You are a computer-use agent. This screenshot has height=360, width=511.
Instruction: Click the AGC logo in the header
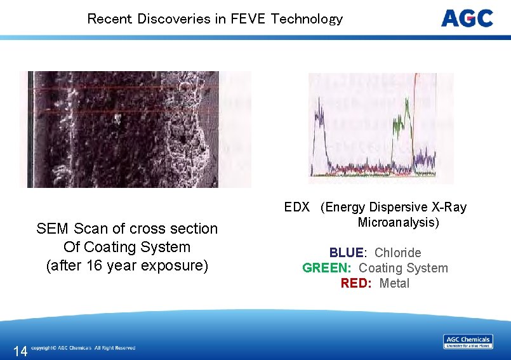467,18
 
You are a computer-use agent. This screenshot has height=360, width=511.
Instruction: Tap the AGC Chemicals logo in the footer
467,342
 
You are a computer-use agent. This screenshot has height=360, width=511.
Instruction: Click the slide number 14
20,350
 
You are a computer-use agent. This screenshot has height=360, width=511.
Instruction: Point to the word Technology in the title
307,18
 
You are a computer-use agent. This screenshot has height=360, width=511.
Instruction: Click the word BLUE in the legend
346,253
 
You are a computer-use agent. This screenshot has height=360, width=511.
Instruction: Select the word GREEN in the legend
326,268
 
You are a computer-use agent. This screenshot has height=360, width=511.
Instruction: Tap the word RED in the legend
355,283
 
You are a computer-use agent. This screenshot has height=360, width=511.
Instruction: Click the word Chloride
397,253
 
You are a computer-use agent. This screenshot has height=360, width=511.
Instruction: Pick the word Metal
394,283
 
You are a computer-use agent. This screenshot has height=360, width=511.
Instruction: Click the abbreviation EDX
296,207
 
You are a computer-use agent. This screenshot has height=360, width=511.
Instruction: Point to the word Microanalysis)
398,222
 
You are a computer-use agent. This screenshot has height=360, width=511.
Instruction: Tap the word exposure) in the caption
178,265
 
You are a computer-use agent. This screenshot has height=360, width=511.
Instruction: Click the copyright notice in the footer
83,348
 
